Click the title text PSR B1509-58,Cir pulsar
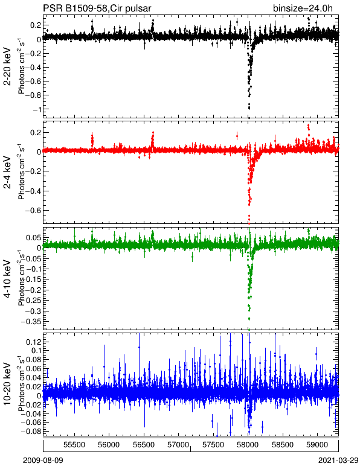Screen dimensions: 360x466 97,8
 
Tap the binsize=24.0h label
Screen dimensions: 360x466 303,8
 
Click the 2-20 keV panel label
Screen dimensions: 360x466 7,66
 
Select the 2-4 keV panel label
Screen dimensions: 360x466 7,173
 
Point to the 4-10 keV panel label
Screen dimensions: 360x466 7,278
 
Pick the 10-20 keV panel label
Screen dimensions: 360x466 7,384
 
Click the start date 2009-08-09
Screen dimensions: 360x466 43,461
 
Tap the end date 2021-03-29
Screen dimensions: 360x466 338,461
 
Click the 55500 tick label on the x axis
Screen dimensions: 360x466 74,445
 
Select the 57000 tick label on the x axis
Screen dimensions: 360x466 178,445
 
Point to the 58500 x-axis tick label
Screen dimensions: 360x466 283,445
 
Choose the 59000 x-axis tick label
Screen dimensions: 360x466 317,445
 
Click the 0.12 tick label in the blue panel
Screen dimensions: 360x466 33,342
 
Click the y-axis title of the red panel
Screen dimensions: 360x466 21,173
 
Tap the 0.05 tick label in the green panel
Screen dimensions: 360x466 34,238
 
